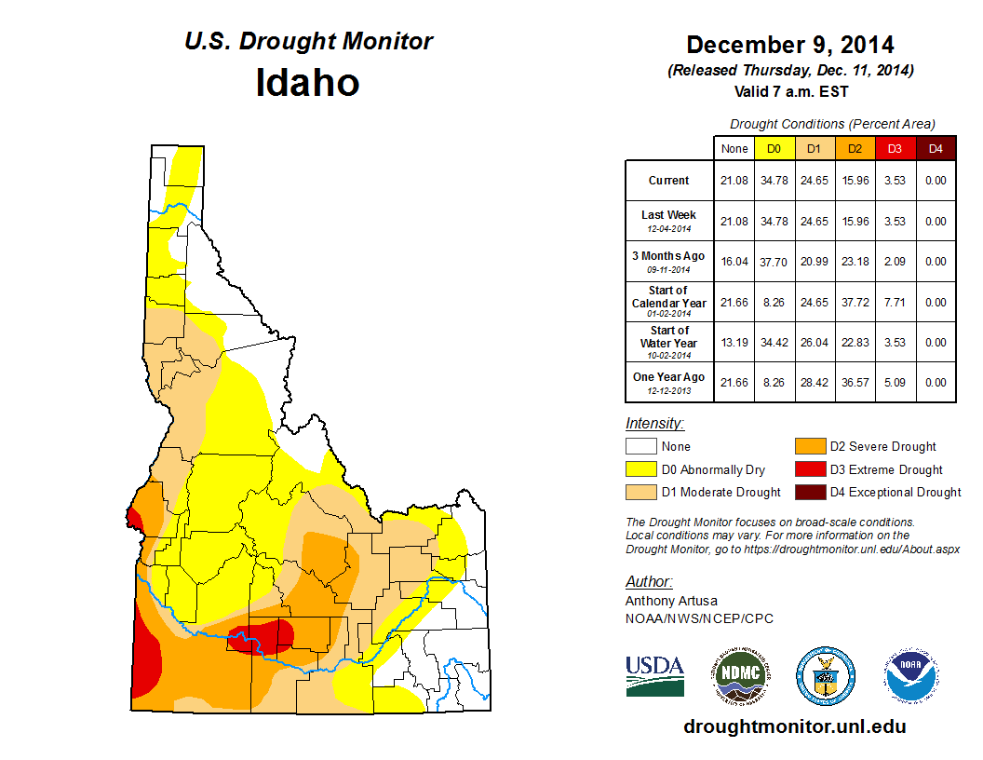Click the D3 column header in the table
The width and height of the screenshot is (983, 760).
click(895, 148)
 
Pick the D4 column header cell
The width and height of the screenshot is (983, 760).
click(936, 148)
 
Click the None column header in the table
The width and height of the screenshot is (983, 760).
click(734, 148)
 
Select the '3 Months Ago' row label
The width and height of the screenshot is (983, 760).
click(669, 261)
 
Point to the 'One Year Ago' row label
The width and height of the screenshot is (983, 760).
click(669, 382)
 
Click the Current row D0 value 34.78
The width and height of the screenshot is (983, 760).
click(774, 181)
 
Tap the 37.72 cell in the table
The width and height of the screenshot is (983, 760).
click(855, 302)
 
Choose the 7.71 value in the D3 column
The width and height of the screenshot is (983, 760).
click(895, 302)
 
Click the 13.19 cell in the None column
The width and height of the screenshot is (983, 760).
click(734, 342)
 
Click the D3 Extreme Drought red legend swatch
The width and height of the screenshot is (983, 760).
click(808, 469)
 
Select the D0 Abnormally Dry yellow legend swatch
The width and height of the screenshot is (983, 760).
click(640, 469)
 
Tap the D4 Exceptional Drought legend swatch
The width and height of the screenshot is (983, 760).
click(808, 492)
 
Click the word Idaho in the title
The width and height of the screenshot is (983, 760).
click(307, 83)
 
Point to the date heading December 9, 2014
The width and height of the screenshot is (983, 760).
click(790, 45)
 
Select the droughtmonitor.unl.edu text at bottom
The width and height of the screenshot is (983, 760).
click(794, 726)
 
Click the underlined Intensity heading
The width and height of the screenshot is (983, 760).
click(654, 424)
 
